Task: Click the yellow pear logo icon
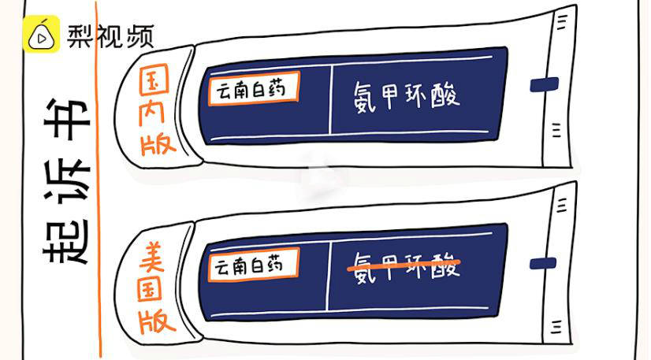click(40, 34)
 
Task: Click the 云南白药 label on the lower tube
click(254, 265)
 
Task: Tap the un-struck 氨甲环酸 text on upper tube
click(406, 96)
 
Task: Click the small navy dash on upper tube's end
click(544, 84)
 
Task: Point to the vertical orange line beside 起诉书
click(99, 181)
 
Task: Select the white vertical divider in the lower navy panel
click(328, 276)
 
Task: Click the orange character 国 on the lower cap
click(155, 288)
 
